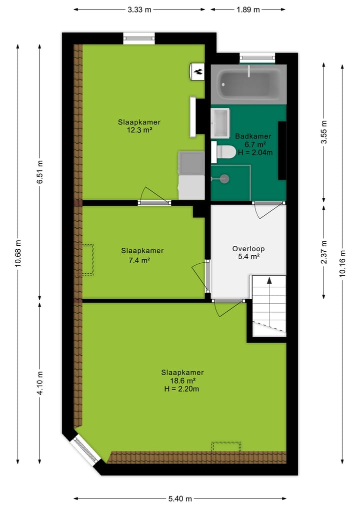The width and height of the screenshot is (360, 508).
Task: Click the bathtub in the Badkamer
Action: [x=248, y=84]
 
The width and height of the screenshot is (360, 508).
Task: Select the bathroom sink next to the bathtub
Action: [x=220, y=122]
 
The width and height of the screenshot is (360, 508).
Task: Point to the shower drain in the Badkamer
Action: [x=224, y=178]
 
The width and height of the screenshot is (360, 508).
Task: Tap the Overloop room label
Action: [x=248, y=248]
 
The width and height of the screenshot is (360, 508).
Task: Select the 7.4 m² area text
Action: [x=139, y=260]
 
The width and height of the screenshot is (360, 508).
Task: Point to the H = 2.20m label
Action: [x=182, y=389]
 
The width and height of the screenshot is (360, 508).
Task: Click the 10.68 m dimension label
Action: [x=18, y=254]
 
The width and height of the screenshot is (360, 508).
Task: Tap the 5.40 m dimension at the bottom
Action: [x=180, y=498]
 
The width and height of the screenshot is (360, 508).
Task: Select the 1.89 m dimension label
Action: [x=248, y=9]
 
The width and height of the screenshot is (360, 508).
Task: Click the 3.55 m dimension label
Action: [x=323, y=132]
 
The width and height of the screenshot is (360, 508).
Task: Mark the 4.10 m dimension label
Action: [x=40, y=382]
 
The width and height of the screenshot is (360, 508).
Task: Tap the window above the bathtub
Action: [x=257, y=58]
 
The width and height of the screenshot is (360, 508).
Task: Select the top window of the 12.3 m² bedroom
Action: [x=139, y=38]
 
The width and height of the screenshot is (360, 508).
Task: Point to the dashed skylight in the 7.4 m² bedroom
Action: [x=87, y=260]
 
